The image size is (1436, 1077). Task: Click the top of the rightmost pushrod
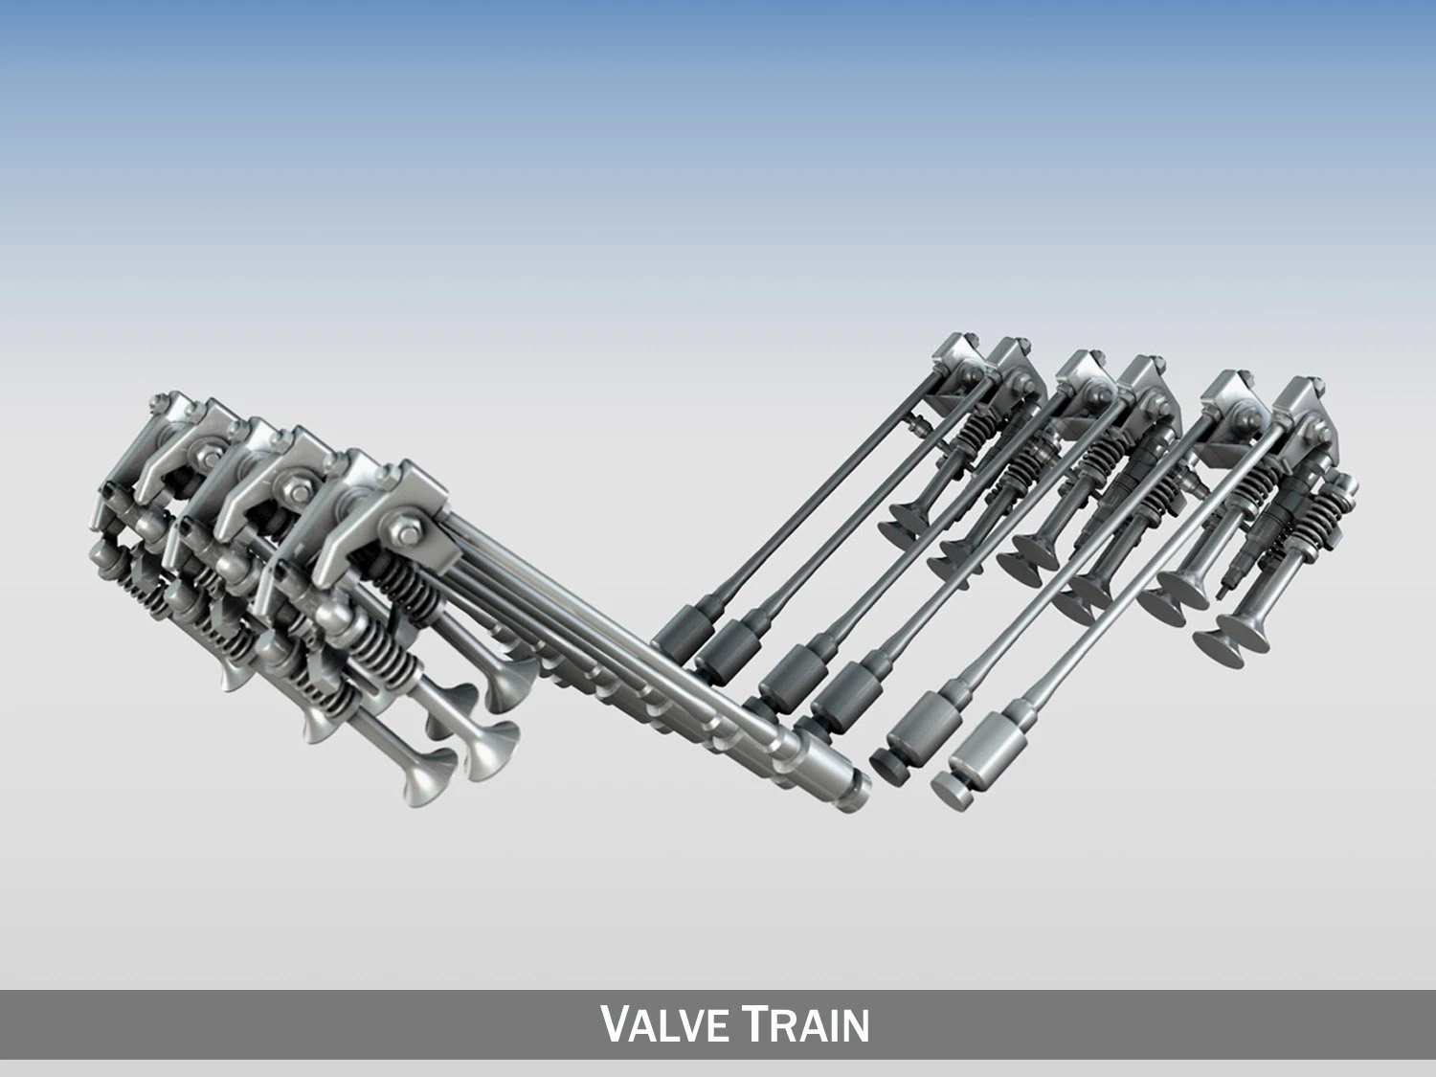[x=1283, y=431]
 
